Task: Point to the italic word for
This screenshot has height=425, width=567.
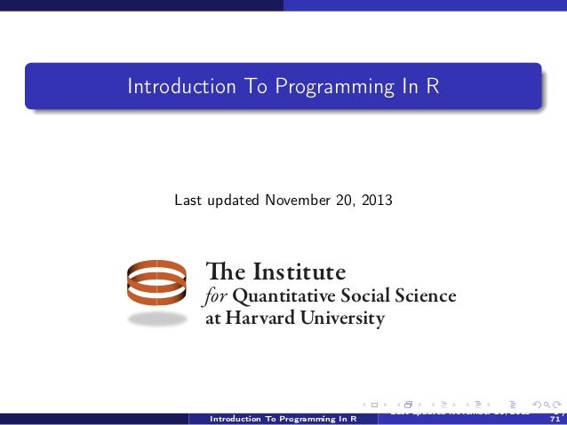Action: tap(216, 295)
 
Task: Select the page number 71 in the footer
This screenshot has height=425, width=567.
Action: tap(556, 418)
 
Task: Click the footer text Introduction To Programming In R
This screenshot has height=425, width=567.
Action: tap(282, 418)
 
